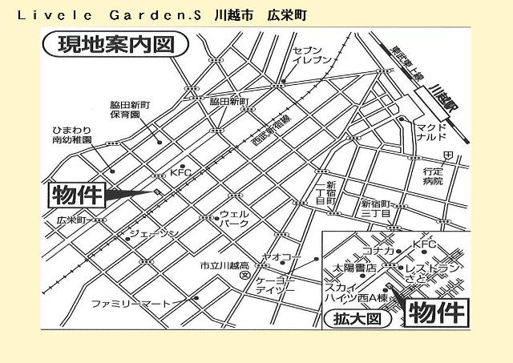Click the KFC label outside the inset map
(180, 171)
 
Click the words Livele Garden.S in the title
(112, 16)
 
